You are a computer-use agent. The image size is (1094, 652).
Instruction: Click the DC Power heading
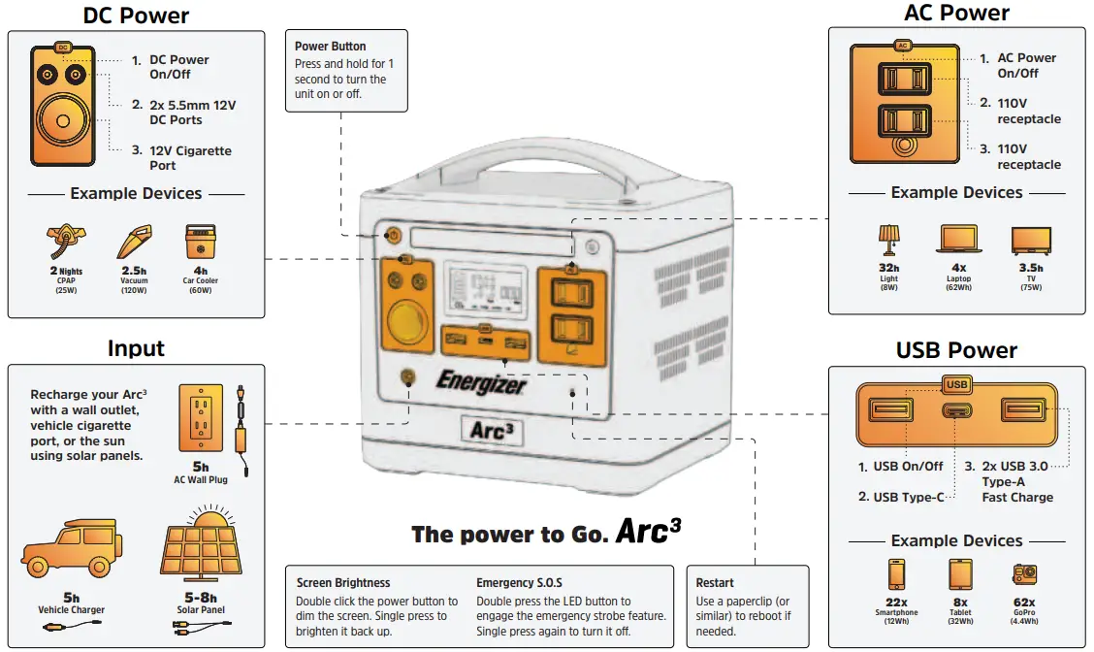[x=136, y=16]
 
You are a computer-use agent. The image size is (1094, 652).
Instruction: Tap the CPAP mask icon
[x=64, y=239]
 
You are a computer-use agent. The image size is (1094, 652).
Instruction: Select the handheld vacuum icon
[x=134, y=241]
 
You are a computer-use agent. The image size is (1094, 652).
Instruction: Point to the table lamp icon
[x=888, y=241]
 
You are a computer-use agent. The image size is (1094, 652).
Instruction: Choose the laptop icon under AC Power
[x=958, y=241]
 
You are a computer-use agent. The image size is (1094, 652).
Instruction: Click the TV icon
[x=1030, y=241]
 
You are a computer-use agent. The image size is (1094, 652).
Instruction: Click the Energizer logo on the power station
[x=481, y=381]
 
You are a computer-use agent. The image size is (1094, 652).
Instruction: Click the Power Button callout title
[x=331, y=46]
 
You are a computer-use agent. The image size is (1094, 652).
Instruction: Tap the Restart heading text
[x=716, y=583]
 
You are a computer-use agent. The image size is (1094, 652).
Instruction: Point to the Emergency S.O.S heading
[x=519, y=583]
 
